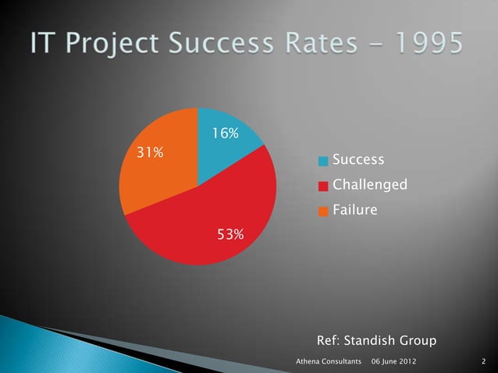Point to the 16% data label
pos(225,133)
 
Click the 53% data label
pos(229,234)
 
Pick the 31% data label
pos(150,152)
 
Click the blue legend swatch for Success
pos(323,162)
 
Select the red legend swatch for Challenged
pos(323,186)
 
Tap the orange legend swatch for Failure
pos(323,211)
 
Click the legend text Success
pos(358,160)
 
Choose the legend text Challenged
pos(369,186)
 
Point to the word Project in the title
pos(116,45)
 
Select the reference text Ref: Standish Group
pos(376,341)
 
